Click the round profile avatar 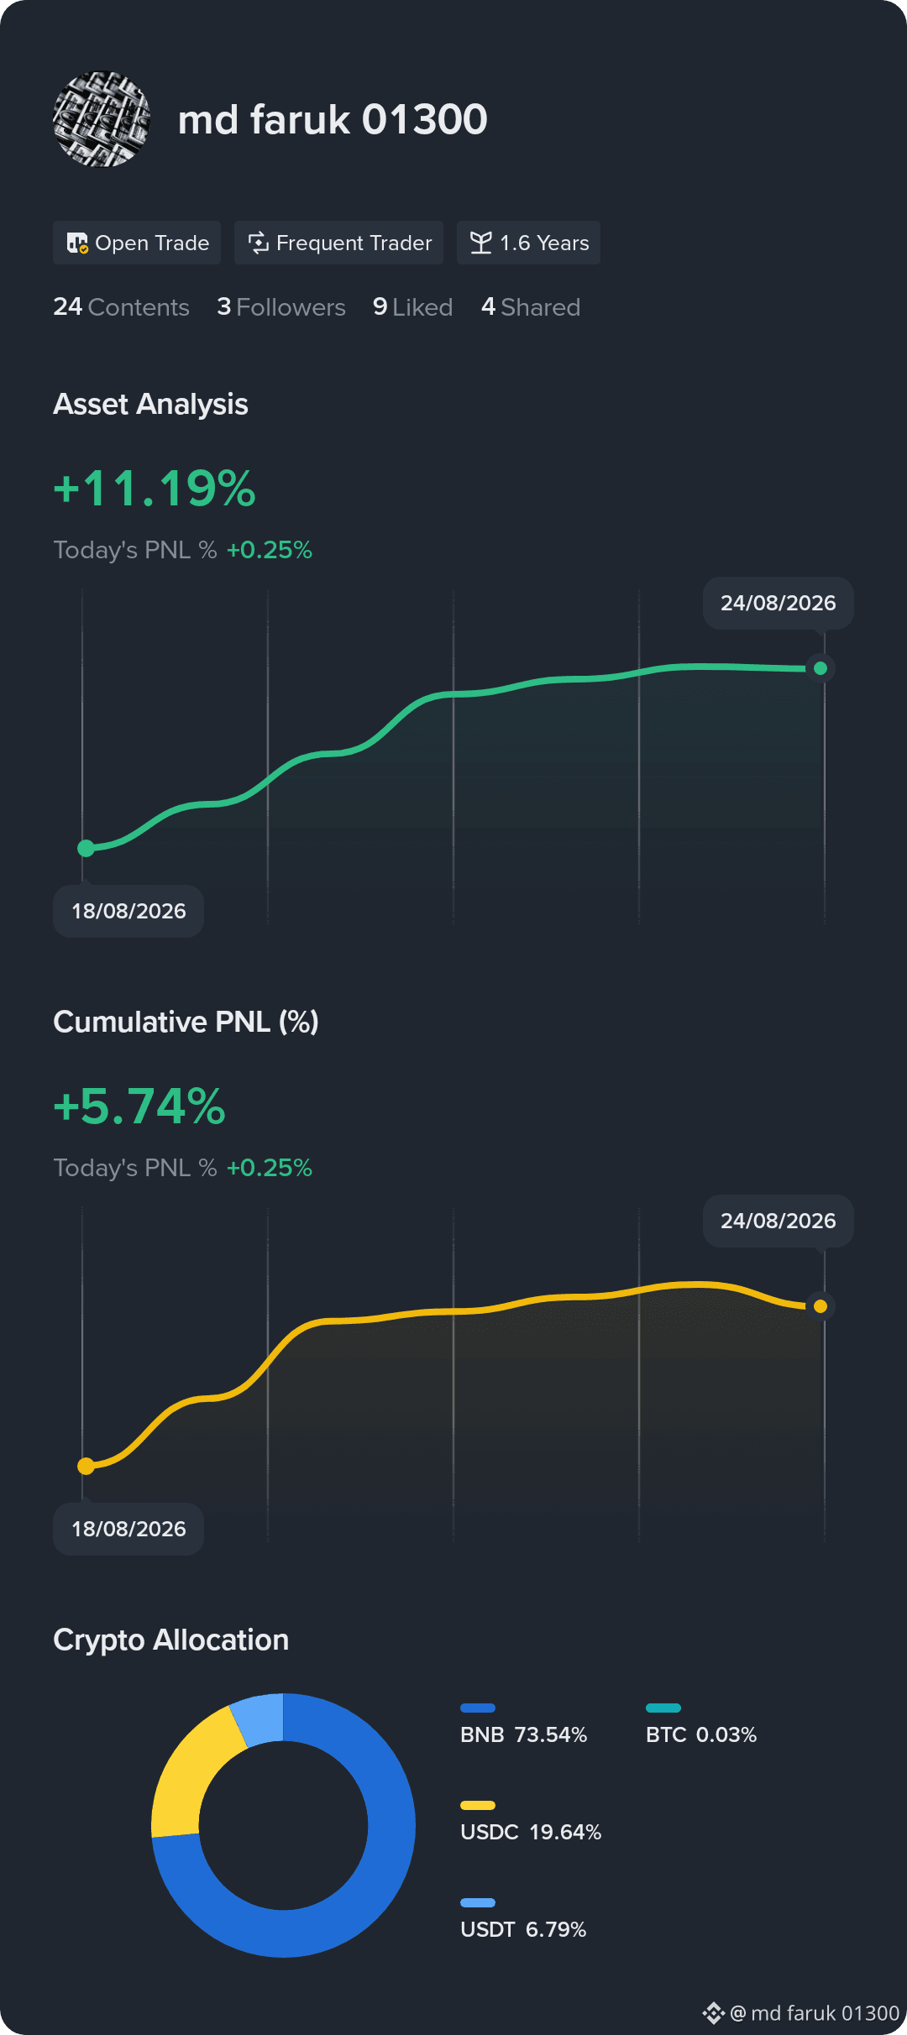click(102, 119)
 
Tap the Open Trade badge click(137, 243)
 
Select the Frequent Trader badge click(338, 243)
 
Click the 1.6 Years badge click(528, 243)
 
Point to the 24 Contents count click(121, 307)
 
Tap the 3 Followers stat click(281, 307)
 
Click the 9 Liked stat click(413, 307)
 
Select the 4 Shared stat click(531, 307)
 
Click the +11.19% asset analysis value click(155, 488)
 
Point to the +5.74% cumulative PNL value click(139, 1106)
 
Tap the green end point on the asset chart click(820, 668)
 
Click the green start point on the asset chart click(86, 848)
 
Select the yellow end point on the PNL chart click(820, 1306)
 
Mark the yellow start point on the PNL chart click(86, 1466)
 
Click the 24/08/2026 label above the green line click(779, 603)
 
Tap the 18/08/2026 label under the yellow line click(128, 1529)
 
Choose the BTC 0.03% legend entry click(701, 1724)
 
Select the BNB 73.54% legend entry click(524, 1724)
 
